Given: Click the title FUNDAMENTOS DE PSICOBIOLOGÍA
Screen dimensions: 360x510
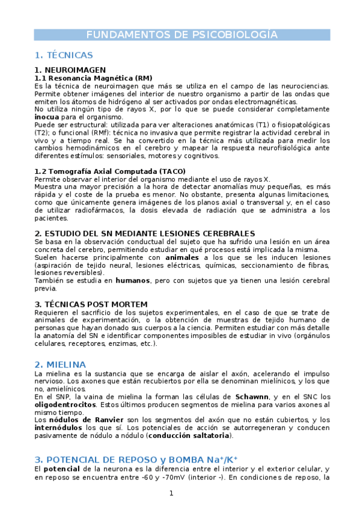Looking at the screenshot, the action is click(x=181, y=34).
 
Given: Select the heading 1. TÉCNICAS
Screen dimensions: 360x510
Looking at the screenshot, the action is click(x=64, y=55).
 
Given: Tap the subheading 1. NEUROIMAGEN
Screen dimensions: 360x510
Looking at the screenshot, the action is click(x=70, y=70).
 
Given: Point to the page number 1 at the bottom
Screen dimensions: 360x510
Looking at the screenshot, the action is click(x=171, y=494).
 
